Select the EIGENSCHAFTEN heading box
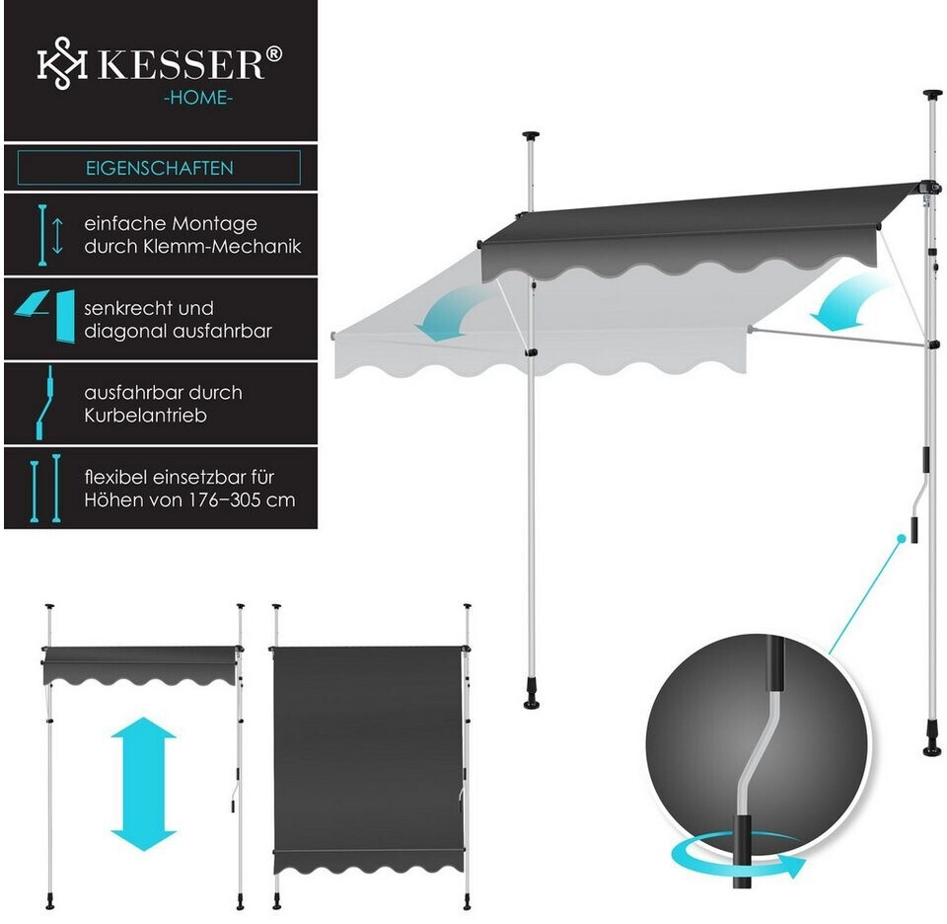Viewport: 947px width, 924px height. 159,168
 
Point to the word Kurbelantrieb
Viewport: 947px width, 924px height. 145,416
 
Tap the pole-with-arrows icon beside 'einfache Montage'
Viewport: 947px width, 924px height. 45,234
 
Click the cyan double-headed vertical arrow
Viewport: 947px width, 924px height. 143,784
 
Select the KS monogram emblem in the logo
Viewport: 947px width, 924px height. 58,65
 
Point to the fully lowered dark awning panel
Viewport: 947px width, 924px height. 369,750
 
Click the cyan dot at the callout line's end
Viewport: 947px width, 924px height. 902,538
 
